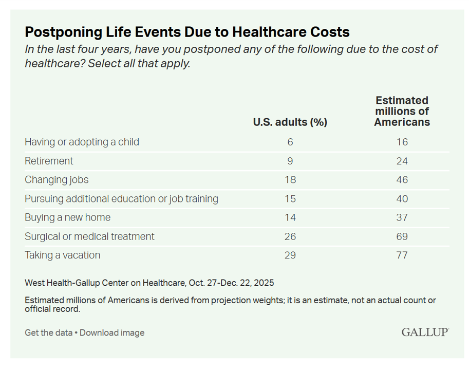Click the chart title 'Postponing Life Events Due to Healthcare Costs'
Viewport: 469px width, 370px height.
coord(187,32)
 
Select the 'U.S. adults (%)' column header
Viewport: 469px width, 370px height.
coord(290,122)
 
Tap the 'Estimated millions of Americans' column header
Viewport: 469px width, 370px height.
coord(402,112)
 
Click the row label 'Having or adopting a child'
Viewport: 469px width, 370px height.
coord(82,142)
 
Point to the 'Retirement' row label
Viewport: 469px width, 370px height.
coord(49,161)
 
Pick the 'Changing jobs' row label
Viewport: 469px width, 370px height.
coord(57,180)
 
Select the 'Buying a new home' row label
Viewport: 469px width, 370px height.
coord(67,217)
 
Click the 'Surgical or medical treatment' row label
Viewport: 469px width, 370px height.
coord(89,236)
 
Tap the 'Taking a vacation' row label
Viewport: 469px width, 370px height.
coord(62,255)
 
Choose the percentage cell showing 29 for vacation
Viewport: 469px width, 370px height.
coord(290,255)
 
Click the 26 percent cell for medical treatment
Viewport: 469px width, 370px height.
coord(290,236)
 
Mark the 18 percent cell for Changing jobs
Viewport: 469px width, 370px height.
coord(290,180)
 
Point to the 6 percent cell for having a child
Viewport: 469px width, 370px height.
coord(290,142)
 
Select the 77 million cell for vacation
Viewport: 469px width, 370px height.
coord(402,255)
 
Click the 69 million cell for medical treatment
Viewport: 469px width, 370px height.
coord(402,236)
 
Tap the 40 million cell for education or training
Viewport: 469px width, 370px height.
coord(402,198)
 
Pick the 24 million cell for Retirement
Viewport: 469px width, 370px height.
coord(402,161)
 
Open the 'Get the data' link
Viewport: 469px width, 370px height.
coord(48,332)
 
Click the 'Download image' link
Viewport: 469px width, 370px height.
coord(112,332)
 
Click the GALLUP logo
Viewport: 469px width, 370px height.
coord(425,332)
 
